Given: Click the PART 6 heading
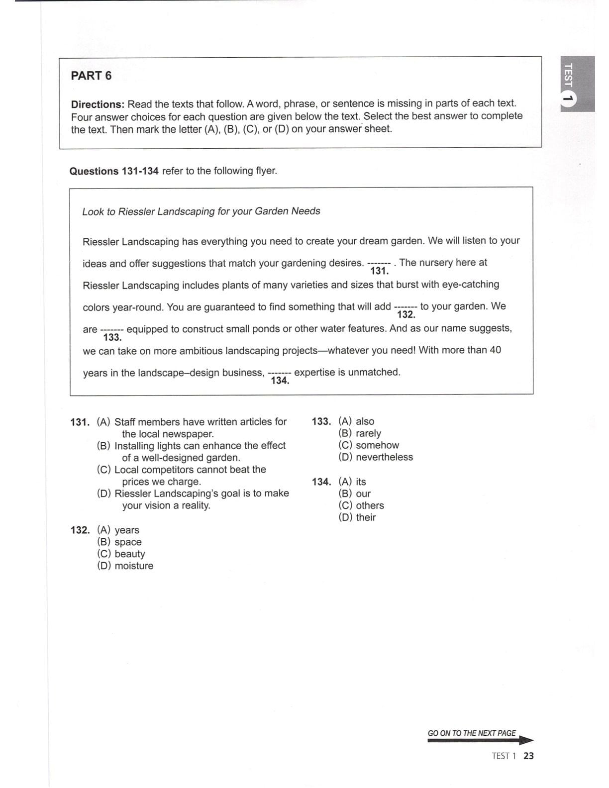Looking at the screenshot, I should click(91, 76).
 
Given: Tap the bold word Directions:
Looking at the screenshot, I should click(98, 104).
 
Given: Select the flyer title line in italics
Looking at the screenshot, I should click(201, 211).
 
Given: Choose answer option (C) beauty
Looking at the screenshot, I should click(121, 554).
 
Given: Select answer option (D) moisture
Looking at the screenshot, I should click(125, 566).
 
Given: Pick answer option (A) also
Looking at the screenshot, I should click(356, 421).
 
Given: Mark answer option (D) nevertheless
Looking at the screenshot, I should click(376, 457).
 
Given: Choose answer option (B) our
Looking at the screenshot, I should click(354, 493).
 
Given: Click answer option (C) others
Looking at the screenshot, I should click(361, 505).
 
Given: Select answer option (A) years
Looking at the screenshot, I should click(118, 530).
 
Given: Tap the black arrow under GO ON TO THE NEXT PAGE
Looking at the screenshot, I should click(480, 741).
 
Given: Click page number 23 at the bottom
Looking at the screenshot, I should click(528, 756).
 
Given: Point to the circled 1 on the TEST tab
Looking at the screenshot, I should click(569, 99).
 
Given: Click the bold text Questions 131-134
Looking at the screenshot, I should click(114, 171).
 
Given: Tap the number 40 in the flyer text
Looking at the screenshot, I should click(495, 350).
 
